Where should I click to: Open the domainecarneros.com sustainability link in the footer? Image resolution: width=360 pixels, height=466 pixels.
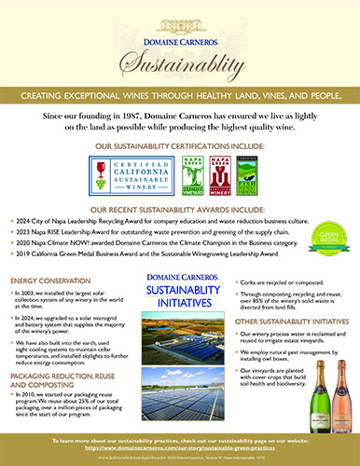[x=179, y=448]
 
